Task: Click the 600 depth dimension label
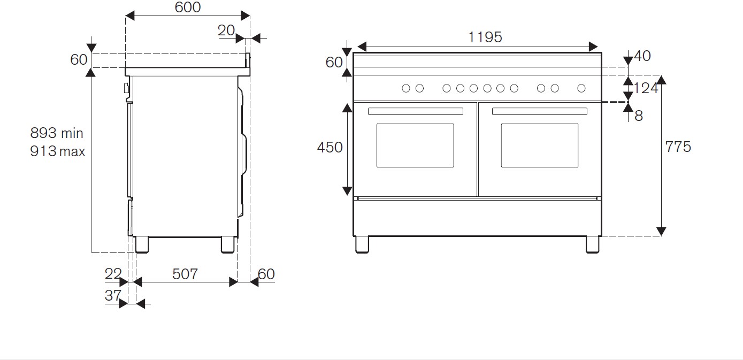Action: coord(188,7)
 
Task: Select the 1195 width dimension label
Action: coord(485,37)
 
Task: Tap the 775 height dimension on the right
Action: coord(678,147)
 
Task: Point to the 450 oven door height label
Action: coord(330,147)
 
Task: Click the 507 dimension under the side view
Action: coord(185,274)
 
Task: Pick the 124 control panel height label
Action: coord(646,88)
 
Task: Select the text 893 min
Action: coord(57,133)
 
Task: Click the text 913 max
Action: coord(57,151)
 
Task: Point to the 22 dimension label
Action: coord(113,274)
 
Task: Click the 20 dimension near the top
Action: coord(226,30)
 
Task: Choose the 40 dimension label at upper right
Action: coord(642,56)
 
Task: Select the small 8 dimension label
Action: coord(639,116)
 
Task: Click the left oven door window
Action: coord(415,145)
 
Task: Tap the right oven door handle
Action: coord(539,111)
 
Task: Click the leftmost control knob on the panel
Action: coord(406,88)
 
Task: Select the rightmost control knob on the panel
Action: coord(581,88)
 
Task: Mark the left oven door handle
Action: coord(416,111)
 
